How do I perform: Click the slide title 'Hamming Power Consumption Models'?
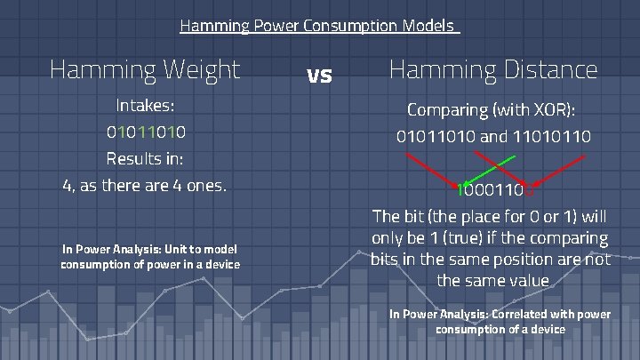(x=318, y=26)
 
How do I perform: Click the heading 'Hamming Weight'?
(x=145, y=69)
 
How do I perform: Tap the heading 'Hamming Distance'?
(x=493, y=69)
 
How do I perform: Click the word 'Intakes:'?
(x=145, y=107)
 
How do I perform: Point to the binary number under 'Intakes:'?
(x=146, y=133)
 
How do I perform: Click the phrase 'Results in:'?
(x=145, y=160)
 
